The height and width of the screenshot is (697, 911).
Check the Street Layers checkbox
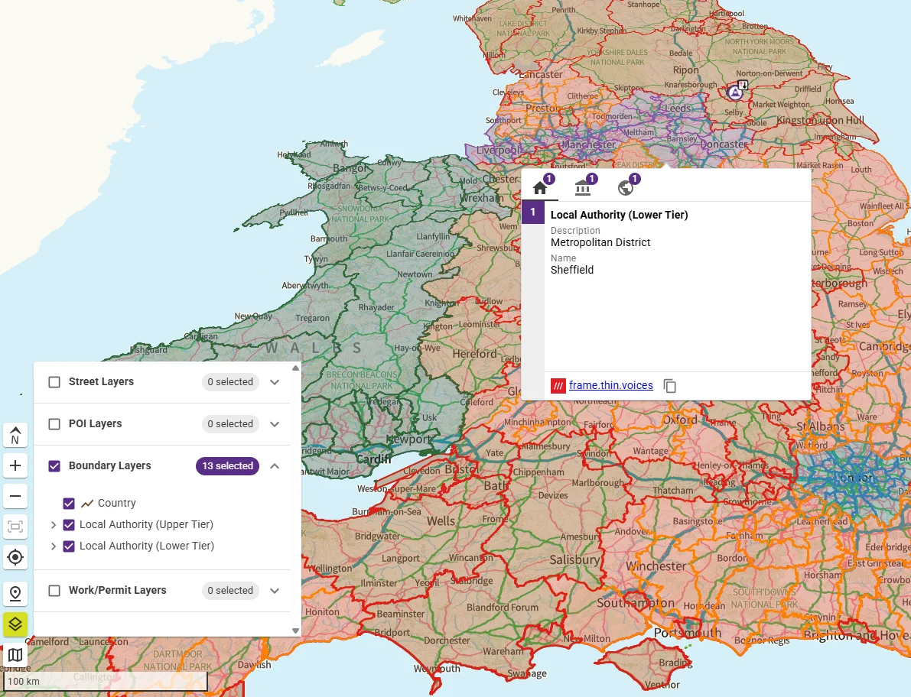[54, 382]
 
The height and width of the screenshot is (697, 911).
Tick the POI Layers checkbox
[54, 424]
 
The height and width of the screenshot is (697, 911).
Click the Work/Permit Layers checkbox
[54, 591]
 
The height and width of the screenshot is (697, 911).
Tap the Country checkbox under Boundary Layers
[69, 504]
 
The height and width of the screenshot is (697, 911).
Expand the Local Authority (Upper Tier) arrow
[54, 525]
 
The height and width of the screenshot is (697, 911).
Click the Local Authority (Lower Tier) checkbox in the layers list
[69, 546]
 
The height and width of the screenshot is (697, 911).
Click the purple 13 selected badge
[227, 466]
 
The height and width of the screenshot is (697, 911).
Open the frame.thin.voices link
[610, 386]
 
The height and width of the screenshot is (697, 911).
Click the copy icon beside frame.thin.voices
[670, 386]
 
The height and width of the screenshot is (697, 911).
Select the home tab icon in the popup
[541, 188]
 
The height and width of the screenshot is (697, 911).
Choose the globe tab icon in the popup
[626, 188]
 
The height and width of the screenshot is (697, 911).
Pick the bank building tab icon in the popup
[583, 188]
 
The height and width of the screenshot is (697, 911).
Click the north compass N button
[15, 435]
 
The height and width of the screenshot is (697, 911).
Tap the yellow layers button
[15, 624]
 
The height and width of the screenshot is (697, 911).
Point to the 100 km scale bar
[106, 681]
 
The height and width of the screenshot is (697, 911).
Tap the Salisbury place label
[574, 560]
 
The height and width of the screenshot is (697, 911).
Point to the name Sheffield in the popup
[572, 270]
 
